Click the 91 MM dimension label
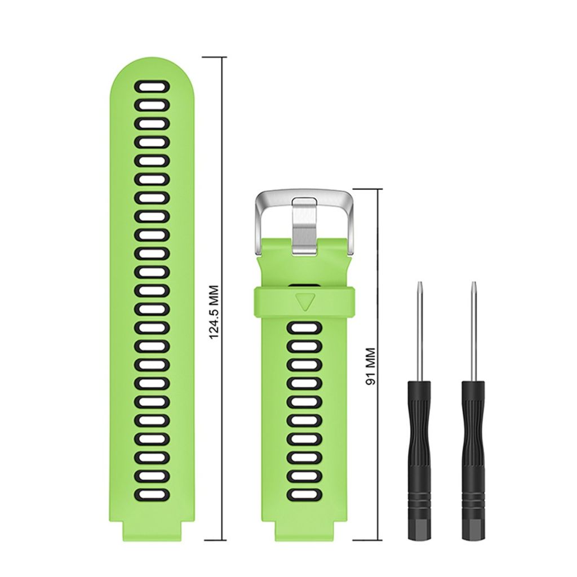(x=371, y=367)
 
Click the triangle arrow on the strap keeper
(x=305, y=301)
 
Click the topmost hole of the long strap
(x=152, y=86)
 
